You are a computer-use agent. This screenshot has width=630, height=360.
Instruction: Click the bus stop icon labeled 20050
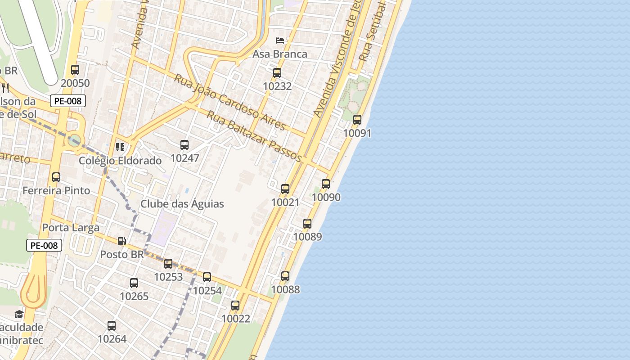tap(75, 70)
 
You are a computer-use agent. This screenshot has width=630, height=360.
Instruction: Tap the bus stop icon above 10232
tap(277, 72)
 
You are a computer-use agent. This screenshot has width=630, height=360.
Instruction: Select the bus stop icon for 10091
tap(357, 120)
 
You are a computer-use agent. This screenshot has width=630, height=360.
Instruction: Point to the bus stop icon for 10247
tap(184, 144)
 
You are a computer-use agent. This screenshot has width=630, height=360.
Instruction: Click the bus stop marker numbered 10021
tap(285, 189)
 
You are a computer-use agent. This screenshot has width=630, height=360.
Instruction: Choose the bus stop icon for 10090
tap(326, 184)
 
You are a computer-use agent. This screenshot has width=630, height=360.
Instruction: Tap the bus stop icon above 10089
tap(307, 223)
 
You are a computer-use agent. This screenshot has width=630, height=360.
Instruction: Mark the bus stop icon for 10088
tap(285, 276)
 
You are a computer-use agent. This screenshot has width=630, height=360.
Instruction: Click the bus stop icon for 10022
tap(235, 306)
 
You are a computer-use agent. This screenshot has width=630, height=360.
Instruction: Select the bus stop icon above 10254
tap(207, 277)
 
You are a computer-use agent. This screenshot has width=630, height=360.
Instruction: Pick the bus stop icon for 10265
tap(134, 283)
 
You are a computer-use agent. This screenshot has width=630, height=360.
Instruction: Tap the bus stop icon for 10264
tap(112, 325)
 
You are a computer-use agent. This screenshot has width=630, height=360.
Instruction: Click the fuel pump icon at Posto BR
tap(121, 241)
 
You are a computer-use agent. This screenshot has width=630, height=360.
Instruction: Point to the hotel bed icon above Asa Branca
tap(280, 40)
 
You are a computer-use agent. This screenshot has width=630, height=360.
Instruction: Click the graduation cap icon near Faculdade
tap(19, 314)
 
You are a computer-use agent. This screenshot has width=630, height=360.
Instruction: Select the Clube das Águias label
tap(182, 204)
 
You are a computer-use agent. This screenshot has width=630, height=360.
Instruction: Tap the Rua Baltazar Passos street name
tap(254, 136)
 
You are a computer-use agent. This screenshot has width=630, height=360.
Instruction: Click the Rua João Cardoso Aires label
tap(229, 103)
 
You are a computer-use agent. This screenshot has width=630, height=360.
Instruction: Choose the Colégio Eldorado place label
tap(120, 161)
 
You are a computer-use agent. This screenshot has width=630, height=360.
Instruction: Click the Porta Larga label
tap(71, 228)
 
